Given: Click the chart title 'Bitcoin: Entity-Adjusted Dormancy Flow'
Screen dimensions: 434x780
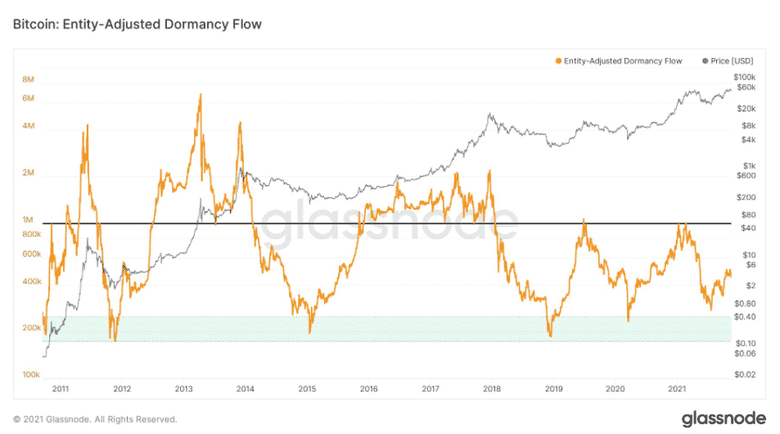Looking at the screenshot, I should click(137, 25).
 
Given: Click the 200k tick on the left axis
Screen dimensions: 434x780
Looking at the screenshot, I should click(31, 328).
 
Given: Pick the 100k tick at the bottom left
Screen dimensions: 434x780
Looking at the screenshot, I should click(31, 374).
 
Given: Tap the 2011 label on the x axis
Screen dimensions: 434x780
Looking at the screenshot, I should click(60, 389).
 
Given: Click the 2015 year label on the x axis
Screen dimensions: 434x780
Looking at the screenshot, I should click(307, 389).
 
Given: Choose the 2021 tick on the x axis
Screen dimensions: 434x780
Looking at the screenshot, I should click(677, 389).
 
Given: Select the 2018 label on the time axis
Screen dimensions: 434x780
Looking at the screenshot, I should click(492, 389).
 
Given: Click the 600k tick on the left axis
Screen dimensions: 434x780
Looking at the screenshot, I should click(31, 254).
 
